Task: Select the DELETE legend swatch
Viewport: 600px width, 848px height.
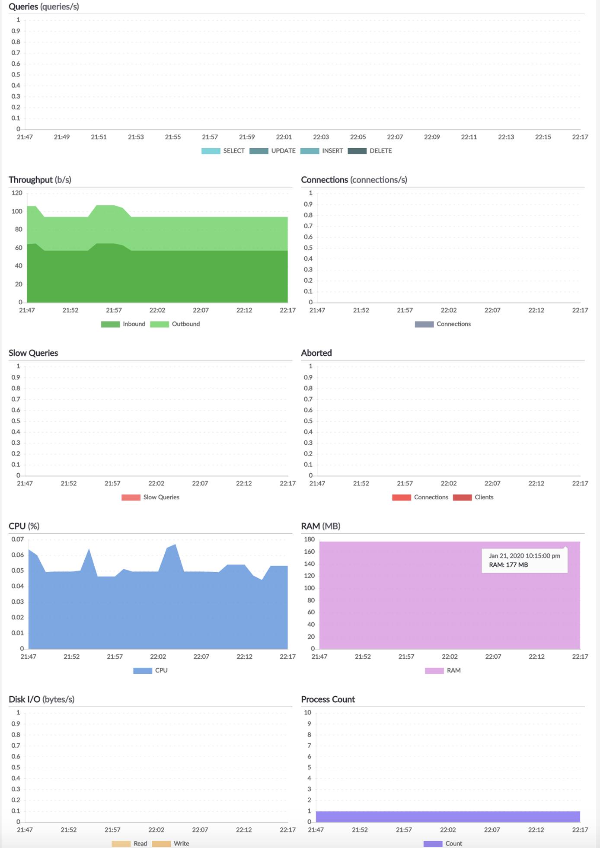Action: click(x=357, y=151)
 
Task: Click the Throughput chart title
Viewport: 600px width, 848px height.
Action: click(x=40, y=180)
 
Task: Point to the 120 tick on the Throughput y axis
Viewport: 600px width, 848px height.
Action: click(x=17, y=193)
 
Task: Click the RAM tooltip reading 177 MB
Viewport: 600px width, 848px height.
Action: click(x=524, y=560)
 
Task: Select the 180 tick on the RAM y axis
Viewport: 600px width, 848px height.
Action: click(x=310, y=539)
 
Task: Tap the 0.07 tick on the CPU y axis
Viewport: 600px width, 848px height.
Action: click(x=18, y=539)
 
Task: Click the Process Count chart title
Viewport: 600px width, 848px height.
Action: click(x=328, y=699)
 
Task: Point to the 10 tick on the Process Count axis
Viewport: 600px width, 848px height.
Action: click(x=307, y=713)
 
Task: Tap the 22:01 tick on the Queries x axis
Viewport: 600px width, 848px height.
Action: click(x=284, y=137)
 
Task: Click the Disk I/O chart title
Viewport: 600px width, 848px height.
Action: click(x=41, y=699)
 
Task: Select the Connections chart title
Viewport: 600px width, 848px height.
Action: click(x=354, y=180)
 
